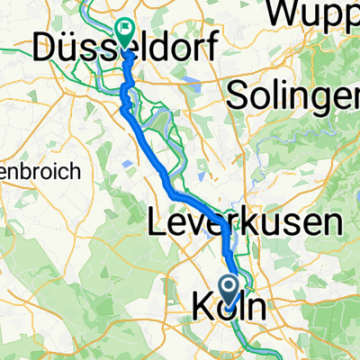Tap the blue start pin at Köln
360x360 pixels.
(x=229, y=287)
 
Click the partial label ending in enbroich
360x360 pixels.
(x=27, y=170)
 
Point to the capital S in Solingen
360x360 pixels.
(x=240, y=95)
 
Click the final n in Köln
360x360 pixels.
(x=256, y=308)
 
